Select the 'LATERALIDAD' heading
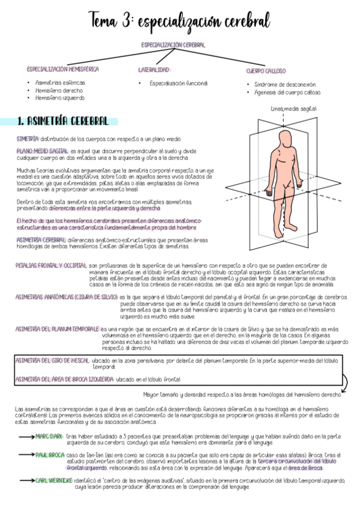[154, 70]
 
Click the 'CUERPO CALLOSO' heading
[266, 71]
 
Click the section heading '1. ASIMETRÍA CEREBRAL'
[63, 121]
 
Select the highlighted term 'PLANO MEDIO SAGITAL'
[42, 151]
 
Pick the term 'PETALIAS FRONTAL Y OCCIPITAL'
[51, 265]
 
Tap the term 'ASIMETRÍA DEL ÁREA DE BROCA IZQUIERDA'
[64, 379]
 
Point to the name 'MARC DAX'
[49, 435]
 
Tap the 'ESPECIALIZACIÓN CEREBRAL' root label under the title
[173, 45]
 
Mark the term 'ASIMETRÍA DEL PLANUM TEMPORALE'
[58, 329]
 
